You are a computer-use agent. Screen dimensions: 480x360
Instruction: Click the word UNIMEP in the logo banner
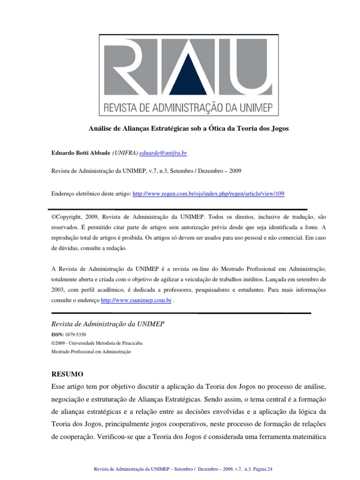239,106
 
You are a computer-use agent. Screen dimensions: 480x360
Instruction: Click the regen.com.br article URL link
209,193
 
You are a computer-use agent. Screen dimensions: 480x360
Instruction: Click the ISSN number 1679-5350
76,335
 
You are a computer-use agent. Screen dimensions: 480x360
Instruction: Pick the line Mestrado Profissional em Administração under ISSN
91,351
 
